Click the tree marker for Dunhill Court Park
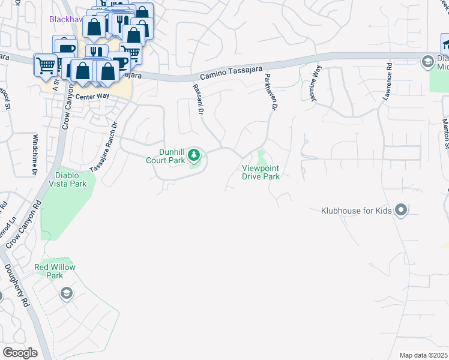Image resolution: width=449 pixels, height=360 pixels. pos(194,156)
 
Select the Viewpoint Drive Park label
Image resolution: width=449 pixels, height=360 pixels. pos(261,172)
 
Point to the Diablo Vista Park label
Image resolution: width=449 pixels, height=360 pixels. pos(71,179)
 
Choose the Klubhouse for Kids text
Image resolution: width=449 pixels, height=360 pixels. pos(356,211)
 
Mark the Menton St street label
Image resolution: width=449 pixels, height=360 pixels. pos(446,131)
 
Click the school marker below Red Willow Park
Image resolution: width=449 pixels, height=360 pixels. pos(67,293)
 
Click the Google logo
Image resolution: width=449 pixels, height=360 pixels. pos(20,353)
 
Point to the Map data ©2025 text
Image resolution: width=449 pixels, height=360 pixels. pos(423,355)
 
